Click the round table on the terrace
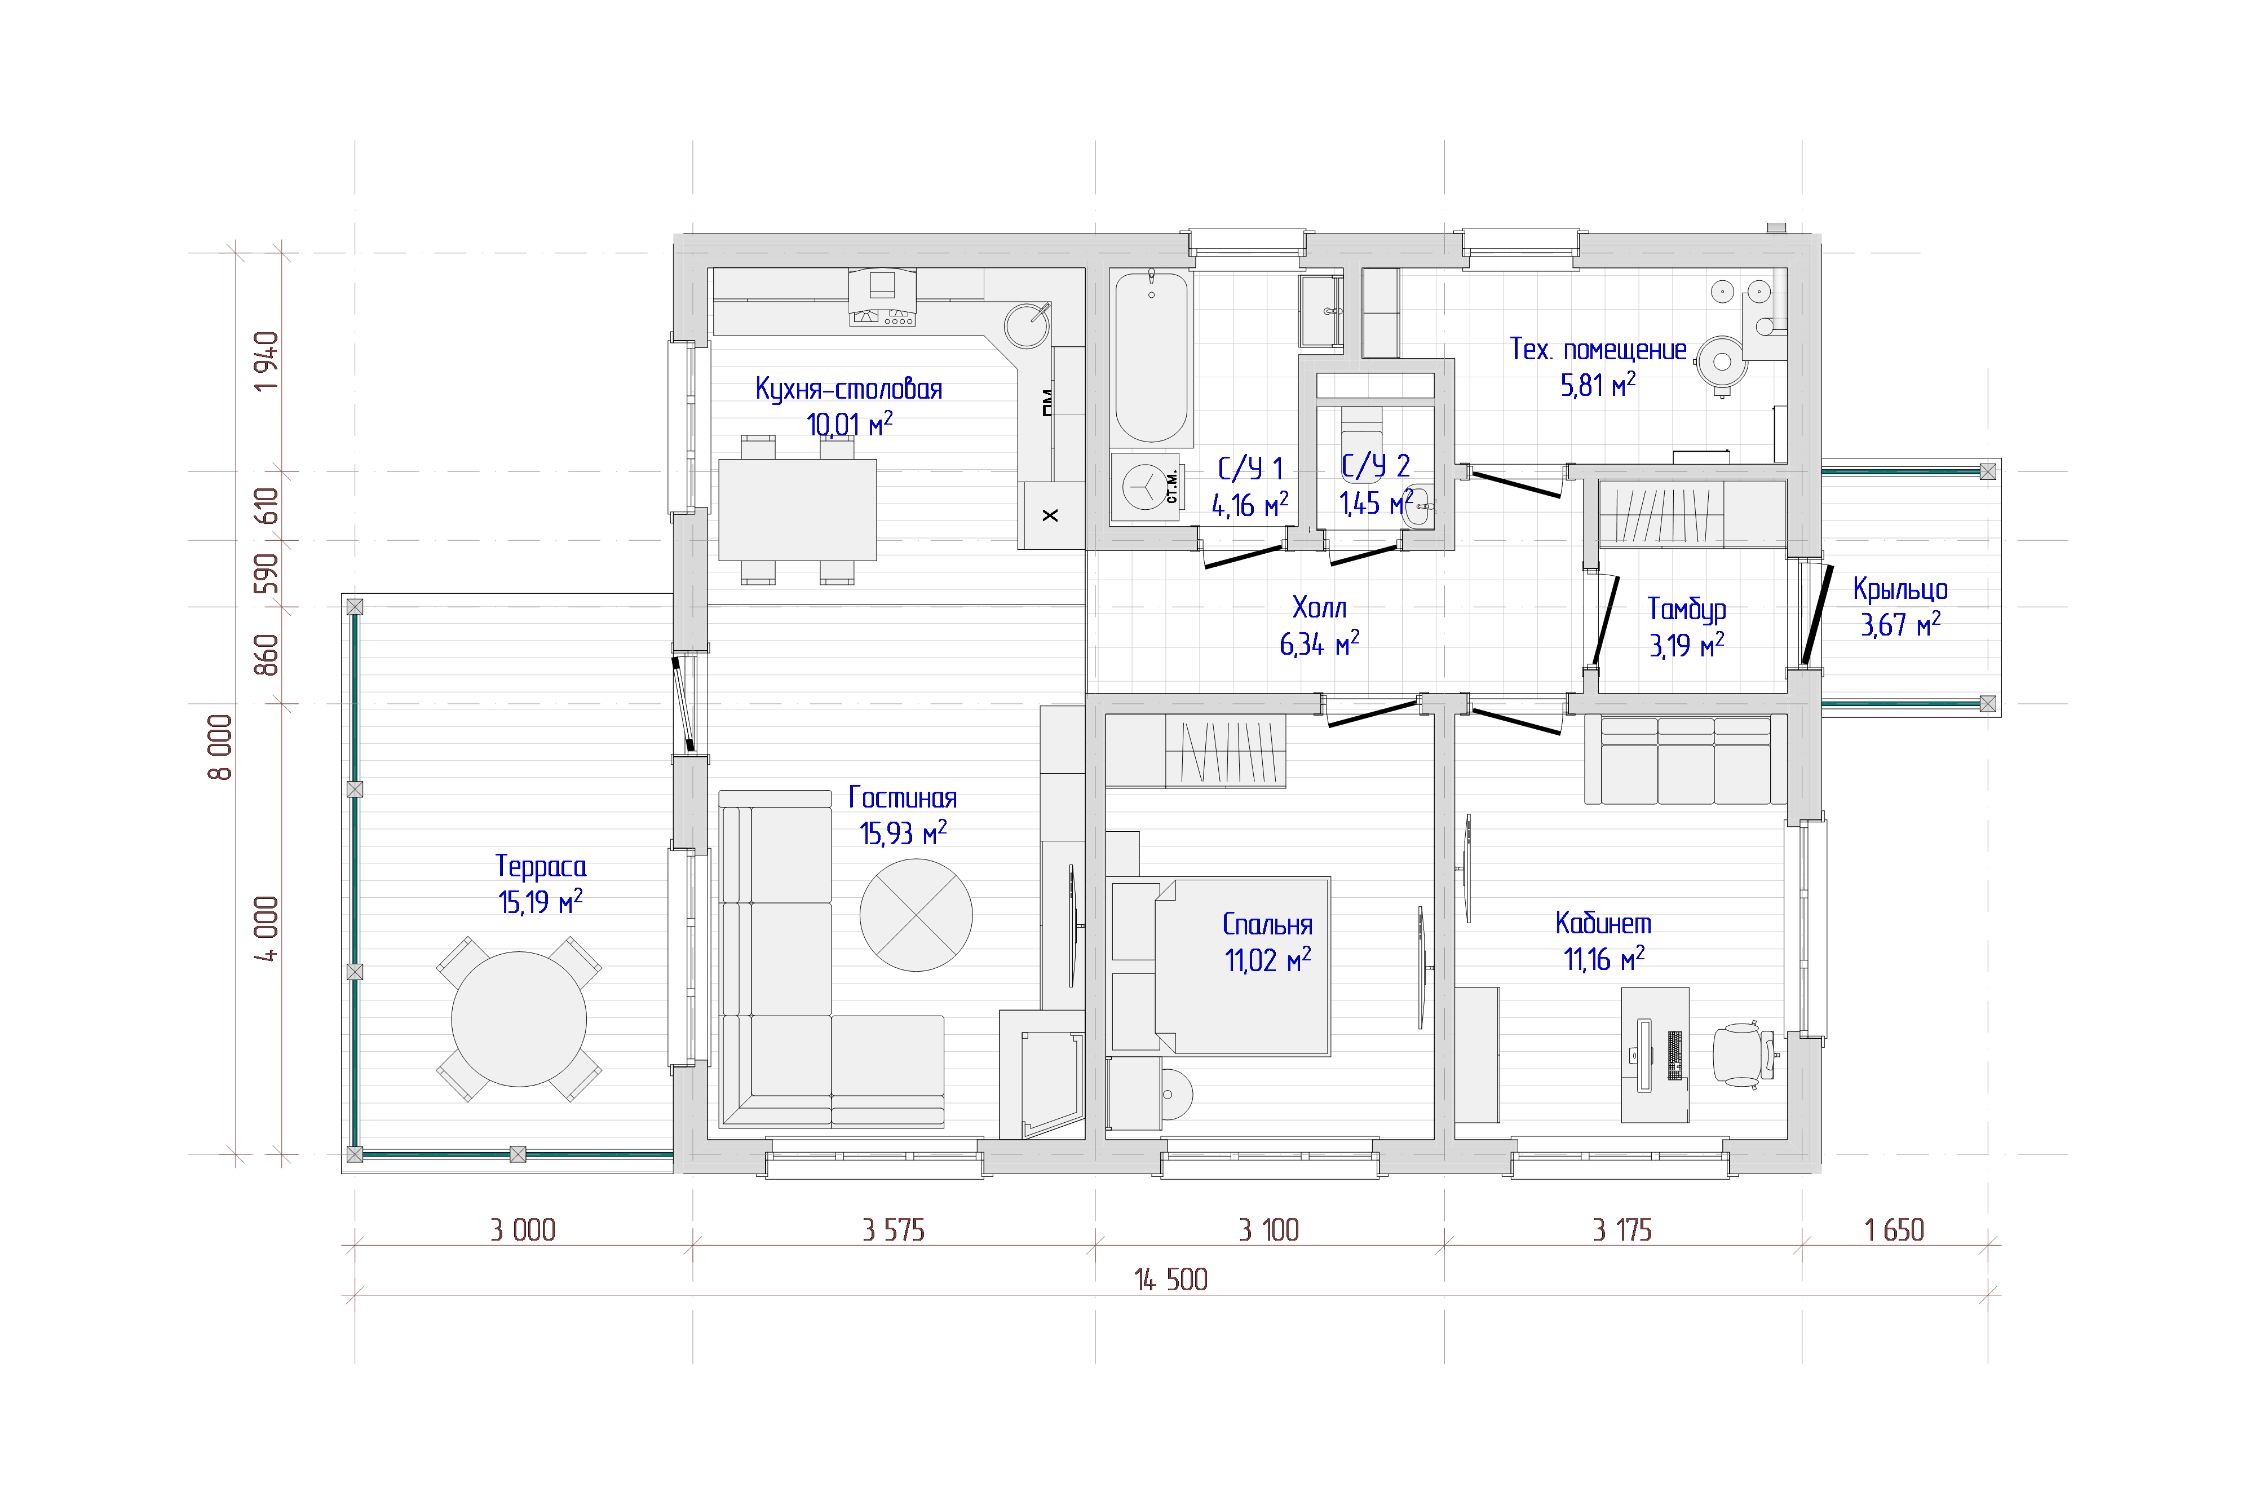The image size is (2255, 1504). coord(519,1018)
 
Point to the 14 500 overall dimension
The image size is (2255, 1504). coord(1171,1280)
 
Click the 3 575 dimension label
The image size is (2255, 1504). coord(894,1230)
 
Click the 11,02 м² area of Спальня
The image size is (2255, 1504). coord(1267,959)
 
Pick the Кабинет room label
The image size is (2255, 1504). coord(1603,923)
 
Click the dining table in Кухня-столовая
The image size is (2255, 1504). coord(797,509)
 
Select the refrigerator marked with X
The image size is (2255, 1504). coord(1051,515)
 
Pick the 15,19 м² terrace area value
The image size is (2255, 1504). coord(540,902)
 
